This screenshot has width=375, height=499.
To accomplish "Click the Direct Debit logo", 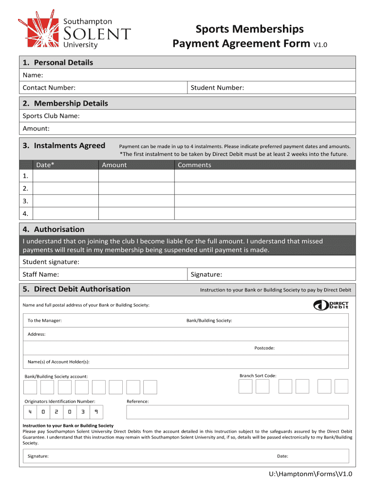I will point(331,305).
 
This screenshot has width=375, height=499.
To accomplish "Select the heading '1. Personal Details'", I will point(58,62).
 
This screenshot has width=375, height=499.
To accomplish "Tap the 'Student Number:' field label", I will point(217,88).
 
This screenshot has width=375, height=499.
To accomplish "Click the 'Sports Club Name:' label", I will point(51,115).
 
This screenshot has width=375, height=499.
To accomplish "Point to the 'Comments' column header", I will point(194,165).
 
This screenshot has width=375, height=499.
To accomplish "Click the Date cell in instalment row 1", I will point(65,176).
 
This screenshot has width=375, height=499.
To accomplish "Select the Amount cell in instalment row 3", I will point(136,201).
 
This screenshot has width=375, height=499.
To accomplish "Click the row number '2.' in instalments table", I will point(25,188).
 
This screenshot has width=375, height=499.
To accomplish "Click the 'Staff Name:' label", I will point(41,274).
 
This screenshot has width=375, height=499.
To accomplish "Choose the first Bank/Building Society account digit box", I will point(30,387).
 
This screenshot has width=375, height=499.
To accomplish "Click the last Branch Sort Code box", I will point(341,386).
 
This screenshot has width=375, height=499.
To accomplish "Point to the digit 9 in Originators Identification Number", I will point(96,412).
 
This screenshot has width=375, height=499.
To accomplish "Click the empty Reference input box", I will point(237,412).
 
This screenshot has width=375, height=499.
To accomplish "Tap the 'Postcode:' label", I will point(264,348).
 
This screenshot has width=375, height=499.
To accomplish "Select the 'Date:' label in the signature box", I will point(282,456).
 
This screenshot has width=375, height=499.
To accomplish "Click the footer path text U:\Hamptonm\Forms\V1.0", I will point(310,474).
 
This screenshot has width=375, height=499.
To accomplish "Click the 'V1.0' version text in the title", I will point(320,45).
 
